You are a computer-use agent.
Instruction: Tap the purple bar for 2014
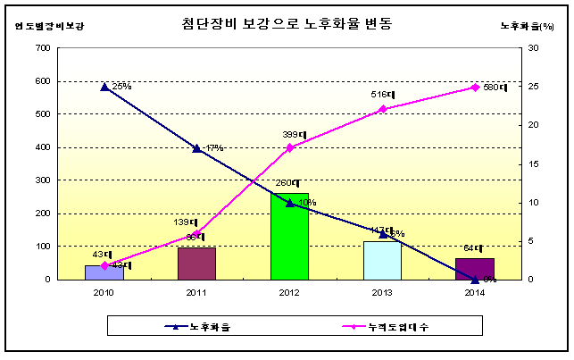coord(474,269)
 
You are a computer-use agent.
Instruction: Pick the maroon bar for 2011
coord(196,264)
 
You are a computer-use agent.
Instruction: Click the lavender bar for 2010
coord(104,272)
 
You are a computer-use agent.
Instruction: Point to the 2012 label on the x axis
coord(289,292)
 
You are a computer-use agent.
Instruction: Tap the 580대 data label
coord(494,88)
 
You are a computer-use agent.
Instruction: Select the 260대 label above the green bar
coord(287,183)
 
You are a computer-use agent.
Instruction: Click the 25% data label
coord(121,87)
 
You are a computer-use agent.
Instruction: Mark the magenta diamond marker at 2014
coord(475,88)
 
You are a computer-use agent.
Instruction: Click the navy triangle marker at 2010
coord(104,87)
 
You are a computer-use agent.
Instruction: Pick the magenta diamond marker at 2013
coord(382,109)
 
